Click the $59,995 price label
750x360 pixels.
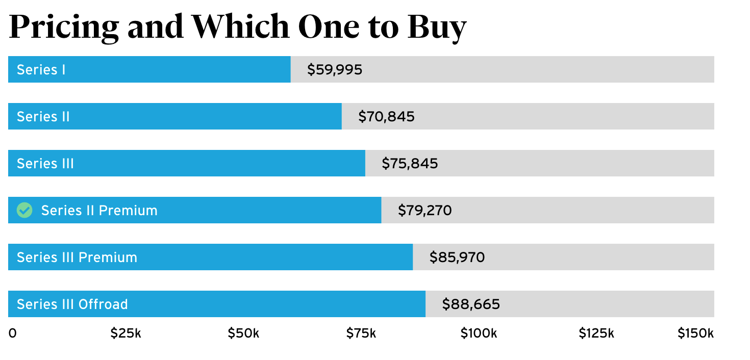335,69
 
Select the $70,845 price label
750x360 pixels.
386,117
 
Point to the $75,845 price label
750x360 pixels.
410,164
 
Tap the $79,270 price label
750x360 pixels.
424,210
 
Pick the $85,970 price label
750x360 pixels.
457,258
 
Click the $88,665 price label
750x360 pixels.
471,304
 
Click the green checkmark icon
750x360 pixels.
24,210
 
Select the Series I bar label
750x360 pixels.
41,69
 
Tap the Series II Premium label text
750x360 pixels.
99,210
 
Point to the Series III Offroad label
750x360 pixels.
72,304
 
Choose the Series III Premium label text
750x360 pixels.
77,258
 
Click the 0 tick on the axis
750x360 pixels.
12,333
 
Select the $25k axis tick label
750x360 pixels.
126,333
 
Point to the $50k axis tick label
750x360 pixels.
243,333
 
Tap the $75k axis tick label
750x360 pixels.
361,333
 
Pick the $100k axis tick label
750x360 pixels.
478,333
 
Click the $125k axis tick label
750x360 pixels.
596,333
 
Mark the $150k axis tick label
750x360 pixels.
695,333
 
